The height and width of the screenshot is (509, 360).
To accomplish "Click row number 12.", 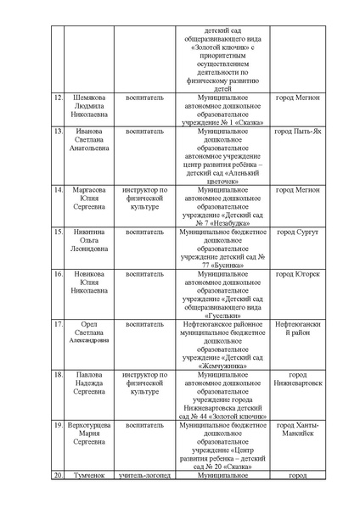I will click(x=58, y=98).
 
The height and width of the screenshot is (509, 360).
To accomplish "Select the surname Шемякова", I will click(x=88, y=98).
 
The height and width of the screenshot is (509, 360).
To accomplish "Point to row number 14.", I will click(x=58, y=190).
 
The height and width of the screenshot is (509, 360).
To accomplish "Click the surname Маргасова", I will click(x=88, y=190).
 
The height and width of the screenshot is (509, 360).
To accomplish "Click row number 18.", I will click(x=58, y=374).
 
